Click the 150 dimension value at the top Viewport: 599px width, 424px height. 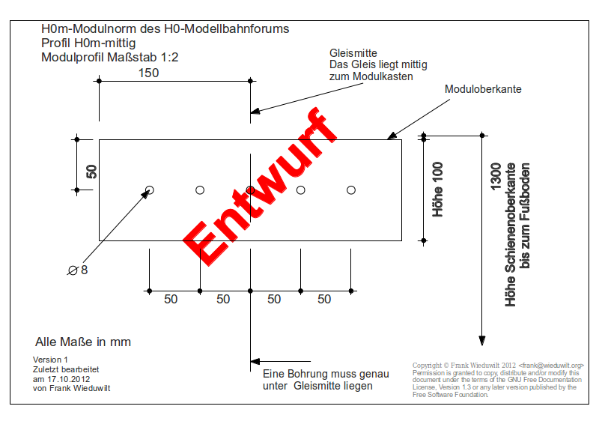[148, 73]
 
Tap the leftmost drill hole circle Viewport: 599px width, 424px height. [150, 190]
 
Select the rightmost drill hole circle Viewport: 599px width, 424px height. [350, 190]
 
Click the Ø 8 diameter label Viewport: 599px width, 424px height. [78, 270]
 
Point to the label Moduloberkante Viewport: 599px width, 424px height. [483, 89]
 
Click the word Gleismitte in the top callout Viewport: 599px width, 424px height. [353, 53]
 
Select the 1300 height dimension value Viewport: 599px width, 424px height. [496, 177]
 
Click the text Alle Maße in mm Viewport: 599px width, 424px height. [83, 342]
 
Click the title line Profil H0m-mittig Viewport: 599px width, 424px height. [88, 43]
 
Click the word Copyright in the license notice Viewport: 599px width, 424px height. [428, 366]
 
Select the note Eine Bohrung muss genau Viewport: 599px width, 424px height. [326, 374]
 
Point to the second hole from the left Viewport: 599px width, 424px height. [200, 190]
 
